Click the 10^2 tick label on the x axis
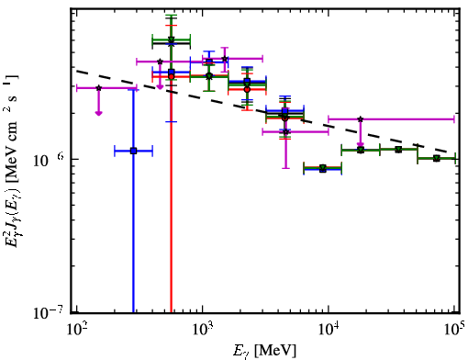(x=76, y=330)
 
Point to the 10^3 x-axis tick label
(x=203, y=330)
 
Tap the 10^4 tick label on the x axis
(x=329, y=330)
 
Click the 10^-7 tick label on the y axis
(x=49, y=312)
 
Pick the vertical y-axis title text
(x=12, y=159)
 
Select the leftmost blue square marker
(x=133, y=151)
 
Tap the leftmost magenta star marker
(x=98, y=88)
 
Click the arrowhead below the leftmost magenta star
(x=98, y=113)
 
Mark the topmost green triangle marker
(x=172, y=39)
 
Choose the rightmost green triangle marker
(x=437, y=158)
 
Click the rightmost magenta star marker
(x=361, y=119)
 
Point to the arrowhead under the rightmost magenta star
(x=361, y=144)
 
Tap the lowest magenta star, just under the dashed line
(x=285, y=132)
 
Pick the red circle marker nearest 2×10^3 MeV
(x=247, y=89)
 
